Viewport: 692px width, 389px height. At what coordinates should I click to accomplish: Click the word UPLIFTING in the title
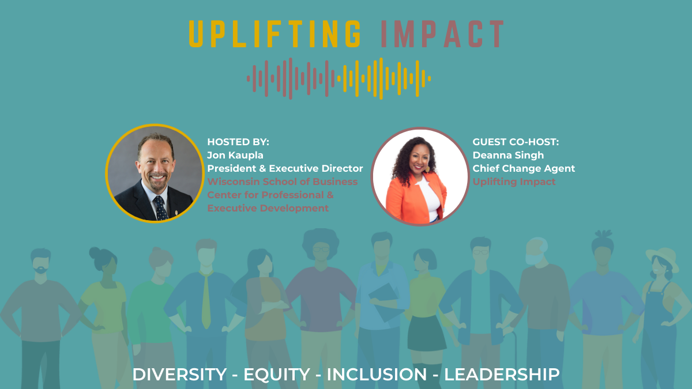[275, 34]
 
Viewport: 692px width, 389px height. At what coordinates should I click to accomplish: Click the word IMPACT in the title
[443, 34]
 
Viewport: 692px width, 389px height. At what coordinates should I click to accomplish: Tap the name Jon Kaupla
[235, 155]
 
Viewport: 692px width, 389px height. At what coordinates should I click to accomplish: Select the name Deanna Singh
[508, 155]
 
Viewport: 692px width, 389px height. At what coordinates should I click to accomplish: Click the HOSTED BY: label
[238, 142]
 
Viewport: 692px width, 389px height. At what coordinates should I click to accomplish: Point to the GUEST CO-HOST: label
[516, 142]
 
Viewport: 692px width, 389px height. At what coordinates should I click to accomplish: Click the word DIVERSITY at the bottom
[179, 375]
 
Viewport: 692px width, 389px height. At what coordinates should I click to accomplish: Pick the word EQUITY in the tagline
[277, 375]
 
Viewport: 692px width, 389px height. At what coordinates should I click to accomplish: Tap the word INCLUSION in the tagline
[377, 375]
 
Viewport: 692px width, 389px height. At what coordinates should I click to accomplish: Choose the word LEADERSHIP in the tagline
[502, 375]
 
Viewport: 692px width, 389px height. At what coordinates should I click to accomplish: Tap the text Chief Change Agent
[524, 168]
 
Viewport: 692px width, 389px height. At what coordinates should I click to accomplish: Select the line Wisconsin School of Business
[283, 182]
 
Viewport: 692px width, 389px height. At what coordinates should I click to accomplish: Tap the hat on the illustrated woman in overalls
[663, 258]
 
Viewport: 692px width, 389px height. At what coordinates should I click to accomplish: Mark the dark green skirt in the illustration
[427, 334]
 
